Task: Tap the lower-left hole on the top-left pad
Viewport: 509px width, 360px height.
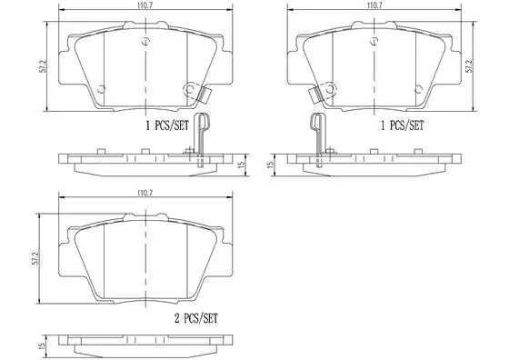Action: click(x=101, y=89)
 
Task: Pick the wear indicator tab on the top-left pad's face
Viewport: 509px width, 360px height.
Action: click(x=195, y=91)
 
